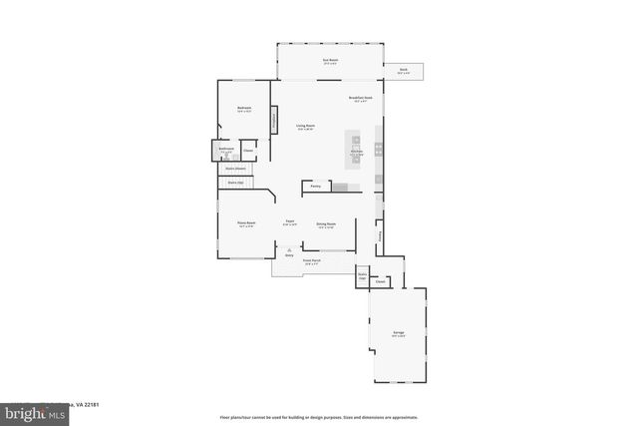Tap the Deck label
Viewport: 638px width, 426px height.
click(404, 71)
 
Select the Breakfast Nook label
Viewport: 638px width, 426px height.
click(361, 98)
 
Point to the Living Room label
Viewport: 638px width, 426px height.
click(305, 127)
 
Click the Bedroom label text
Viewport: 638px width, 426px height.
click(243, 109)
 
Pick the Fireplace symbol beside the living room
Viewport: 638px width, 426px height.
click(274, 119)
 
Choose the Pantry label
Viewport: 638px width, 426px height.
click(315, 186)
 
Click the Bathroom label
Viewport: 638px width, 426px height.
click(226, 150)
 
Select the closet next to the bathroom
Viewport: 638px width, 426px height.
click(247, 151)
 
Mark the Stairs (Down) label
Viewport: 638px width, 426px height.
click(234, 169)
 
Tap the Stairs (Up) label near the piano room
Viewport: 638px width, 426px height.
click(236, 183)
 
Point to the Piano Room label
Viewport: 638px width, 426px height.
click(245, 223)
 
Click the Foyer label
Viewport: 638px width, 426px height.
click(289, 221)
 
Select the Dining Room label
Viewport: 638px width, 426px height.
click(326, 224)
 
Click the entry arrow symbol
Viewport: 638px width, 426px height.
click(289, 252)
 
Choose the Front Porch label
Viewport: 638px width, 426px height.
click(312, 261)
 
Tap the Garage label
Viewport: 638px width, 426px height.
click(399, 332)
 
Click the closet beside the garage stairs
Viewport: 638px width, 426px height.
click(380, 282)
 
